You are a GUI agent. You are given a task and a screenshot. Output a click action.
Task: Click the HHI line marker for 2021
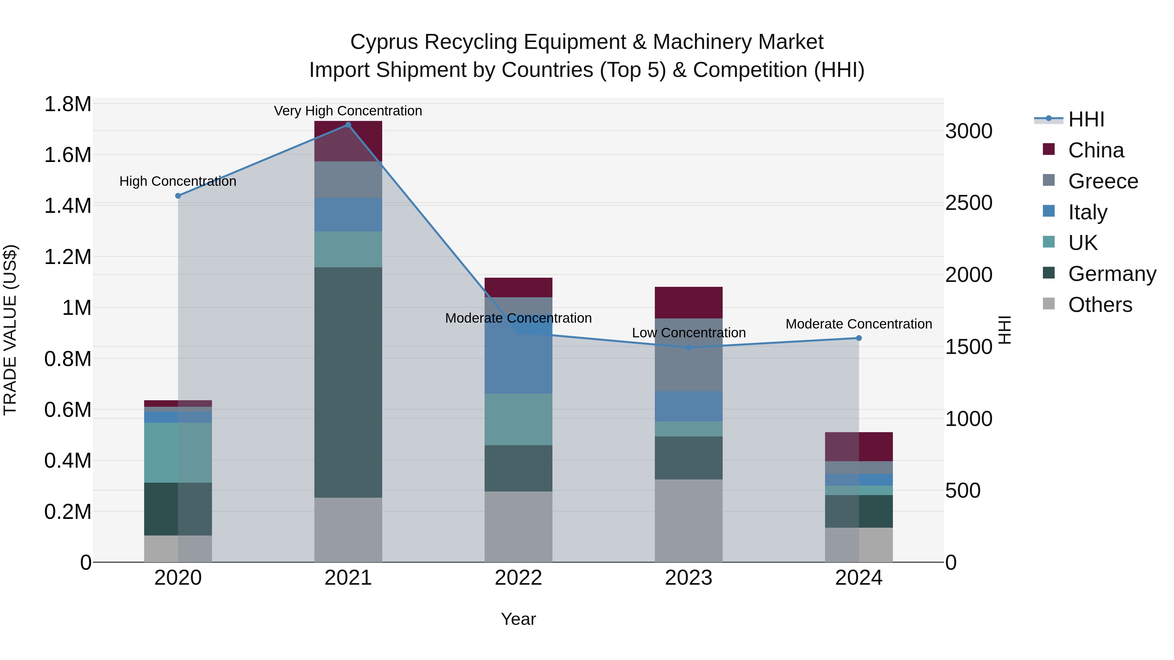[x=348, y=125]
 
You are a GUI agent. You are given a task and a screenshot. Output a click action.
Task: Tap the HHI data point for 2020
[x=178, y=196]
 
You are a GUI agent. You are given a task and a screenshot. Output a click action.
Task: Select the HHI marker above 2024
[x=859, y=338]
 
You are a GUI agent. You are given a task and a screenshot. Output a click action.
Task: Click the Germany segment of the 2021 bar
[x=348, y=383]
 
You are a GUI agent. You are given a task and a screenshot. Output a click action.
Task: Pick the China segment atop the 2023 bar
[x=689, y=302]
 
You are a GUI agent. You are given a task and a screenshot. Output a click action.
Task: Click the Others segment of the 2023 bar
[x=689, y=520]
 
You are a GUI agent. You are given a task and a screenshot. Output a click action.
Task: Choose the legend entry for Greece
[x=1103, y=181]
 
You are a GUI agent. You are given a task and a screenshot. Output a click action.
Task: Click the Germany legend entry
[x=1112, y=274]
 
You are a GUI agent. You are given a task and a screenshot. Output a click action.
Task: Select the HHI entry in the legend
[x=1086, y=119]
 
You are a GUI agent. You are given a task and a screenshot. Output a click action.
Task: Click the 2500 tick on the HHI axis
[x=969, y=203]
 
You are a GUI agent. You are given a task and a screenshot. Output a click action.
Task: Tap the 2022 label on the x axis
[x=518, y=578]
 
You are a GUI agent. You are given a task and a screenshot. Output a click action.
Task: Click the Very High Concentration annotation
[x=348, y=111]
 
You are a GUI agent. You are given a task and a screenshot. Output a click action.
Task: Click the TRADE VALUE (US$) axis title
[x=10, y=330]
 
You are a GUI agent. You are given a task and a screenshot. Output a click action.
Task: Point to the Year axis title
[x=518, y=619]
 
